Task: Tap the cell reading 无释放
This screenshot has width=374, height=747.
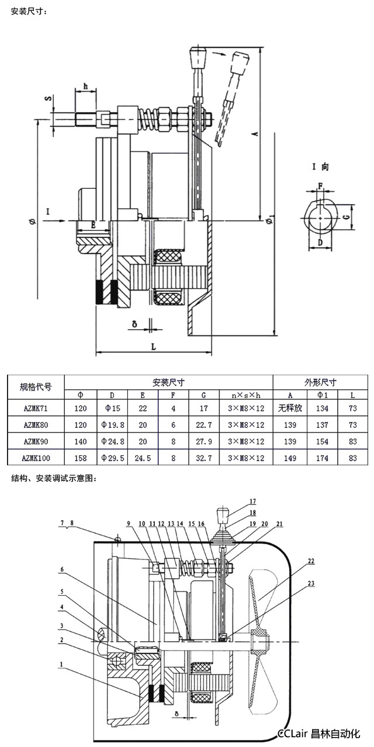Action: coord(290,408)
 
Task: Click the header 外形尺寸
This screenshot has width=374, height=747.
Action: coord(320,383)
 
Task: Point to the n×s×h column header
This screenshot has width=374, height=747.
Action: coord(246,395)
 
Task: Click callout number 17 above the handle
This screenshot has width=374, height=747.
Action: coord(252,502)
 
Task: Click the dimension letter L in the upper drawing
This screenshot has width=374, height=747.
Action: coord(153,346)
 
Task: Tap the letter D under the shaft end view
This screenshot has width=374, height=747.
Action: coord(320,242)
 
